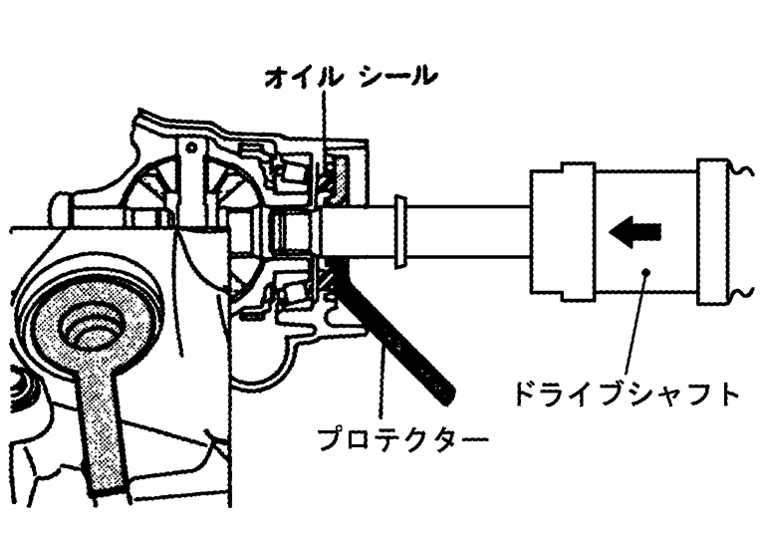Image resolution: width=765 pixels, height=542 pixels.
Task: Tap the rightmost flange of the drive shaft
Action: click(716, 232)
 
